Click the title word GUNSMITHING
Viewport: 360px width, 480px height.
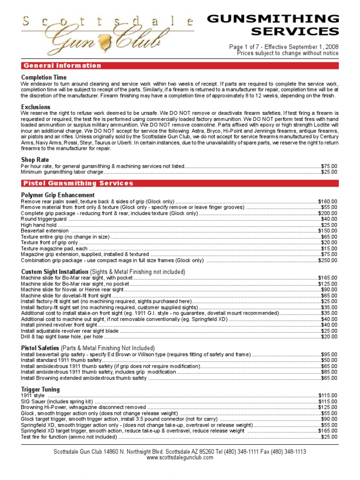273,19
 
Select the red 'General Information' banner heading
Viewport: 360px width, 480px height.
62,66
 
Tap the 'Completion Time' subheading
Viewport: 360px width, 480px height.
44,77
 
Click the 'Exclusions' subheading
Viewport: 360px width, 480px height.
36,107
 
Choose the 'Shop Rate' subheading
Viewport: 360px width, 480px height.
35,160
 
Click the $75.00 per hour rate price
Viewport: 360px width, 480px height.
329,166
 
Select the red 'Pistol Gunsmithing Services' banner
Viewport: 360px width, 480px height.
78,183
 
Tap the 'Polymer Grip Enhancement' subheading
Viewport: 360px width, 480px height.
58,195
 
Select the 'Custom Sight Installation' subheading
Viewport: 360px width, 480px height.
55,272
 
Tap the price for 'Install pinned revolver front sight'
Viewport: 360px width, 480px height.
329,324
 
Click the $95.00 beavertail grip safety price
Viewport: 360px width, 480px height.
329,354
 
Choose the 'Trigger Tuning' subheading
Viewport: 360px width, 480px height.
41,389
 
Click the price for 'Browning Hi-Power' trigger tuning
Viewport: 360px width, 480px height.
328,407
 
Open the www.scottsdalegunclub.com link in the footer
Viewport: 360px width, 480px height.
180,457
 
